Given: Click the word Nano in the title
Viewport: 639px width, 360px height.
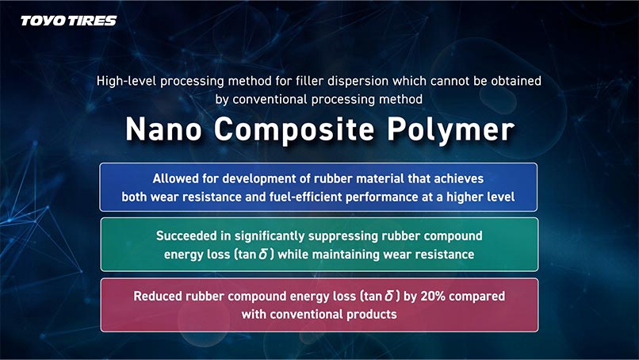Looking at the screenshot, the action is click(x=163, y=130).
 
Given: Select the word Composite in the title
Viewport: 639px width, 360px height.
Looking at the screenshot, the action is click(x=294, y=131).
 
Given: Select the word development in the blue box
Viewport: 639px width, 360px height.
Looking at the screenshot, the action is click(x=259, y=179).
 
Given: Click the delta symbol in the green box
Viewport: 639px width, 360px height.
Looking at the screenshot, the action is click(x=263, y=255).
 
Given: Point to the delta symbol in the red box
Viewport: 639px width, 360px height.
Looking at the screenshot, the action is click(x=388, y=296).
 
